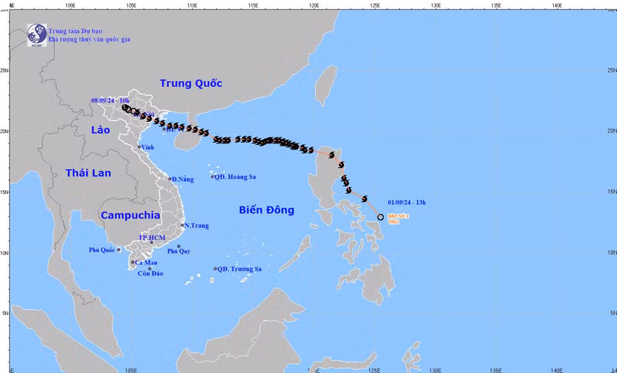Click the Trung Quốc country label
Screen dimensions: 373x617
click(x=191, y=83)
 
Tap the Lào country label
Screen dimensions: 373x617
click(x=100, y=130)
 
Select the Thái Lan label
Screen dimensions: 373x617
click(x=87, y=173)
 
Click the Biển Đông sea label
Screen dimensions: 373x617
click(x=266, y=210)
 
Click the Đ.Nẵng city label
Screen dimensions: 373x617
click(x=182, y=179)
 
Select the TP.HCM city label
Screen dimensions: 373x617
click(x=152, y=237)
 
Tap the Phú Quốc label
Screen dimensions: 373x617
click(x=102, y=250)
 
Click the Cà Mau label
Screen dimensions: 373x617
click(x=145, y=262)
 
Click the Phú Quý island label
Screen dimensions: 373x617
click(x=178, y=251)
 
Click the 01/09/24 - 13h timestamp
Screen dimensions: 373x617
click(x=407, y=201)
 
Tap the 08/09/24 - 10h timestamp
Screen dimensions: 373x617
click(x=110, y=100)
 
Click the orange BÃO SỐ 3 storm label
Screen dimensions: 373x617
click(x=398, y=216)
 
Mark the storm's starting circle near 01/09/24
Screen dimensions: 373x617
click(x=381, y=218)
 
